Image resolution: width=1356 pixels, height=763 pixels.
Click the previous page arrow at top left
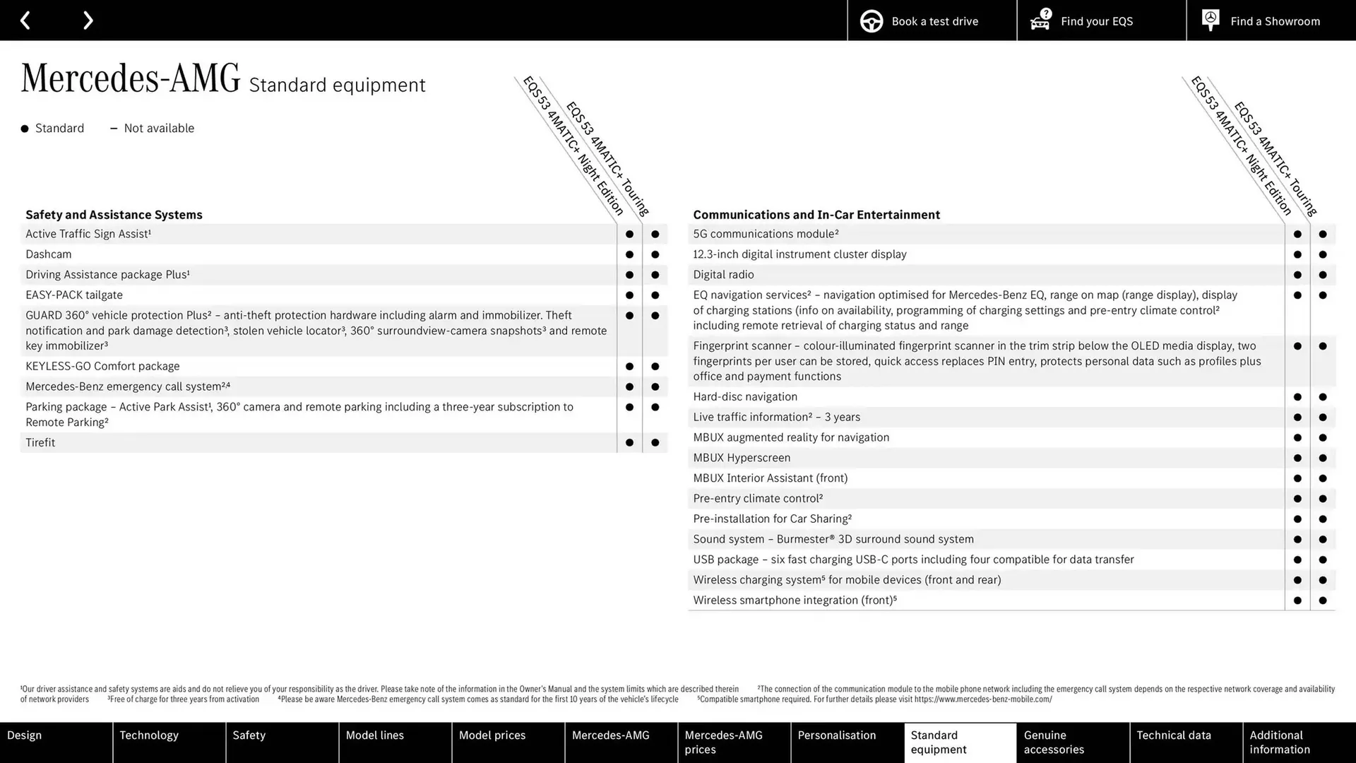[x=25, y=20]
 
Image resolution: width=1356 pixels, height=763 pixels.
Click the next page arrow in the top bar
[x=88, y=20]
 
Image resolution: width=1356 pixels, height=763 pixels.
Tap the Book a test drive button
[x=932, y=21]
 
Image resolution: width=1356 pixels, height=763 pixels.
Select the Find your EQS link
[x=1101, y=21]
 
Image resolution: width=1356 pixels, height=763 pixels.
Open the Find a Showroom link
[x=1271, y=21]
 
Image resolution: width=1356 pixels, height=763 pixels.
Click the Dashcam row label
[x=49, y=254]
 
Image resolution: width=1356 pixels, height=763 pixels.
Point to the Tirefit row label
[x=40, y=443]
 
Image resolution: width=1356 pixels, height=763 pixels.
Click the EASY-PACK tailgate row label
[x=74, y=295]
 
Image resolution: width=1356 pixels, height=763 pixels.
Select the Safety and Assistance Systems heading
[x=114, y=215]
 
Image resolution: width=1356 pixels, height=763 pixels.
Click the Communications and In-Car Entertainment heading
[x=816, y=215]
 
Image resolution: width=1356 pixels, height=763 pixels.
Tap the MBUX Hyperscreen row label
[x=742, y=458]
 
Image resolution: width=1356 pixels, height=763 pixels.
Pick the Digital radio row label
[x=723, y=275]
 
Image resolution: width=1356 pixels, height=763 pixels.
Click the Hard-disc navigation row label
[x=745, y=397]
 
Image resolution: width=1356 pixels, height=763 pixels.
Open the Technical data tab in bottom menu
[x=1186, y=742]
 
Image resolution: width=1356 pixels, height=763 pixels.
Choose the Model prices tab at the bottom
[x=508, y=742]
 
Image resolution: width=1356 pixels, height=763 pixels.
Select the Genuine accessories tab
[x=1073, y=742]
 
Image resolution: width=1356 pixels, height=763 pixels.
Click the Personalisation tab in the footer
[x=847, y=742]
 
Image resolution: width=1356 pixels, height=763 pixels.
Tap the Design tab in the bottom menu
[x=56, y=742]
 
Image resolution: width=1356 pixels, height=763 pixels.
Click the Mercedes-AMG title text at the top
[x=131, y=79]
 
